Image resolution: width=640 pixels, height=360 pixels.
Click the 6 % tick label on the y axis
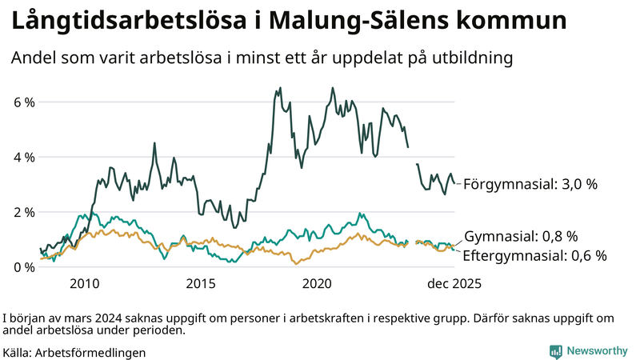23,102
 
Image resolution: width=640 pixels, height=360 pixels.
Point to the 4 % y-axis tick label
23,158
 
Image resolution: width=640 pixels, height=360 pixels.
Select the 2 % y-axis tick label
23,212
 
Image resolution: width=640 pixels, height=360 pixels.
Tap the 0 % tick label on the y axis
23,267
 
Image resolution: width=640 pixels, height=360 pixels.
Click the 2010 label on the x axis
84,284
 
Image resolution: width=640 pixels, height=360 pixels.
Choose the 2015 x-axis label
201,284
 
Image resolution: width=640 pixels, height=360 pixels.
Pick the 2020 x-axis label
318,284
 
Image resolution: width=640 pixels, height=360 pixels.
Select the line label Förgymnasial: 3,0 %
530,184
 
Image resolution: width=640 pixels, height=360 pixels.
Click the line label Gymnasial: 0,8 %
521,236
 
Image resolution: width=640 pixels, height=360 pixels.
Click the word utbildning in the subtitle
467,58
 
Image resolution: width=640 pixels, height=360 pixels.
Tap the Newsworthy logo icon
555,351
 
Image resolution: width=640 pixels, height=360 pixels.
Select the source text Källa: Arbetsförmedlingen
74,352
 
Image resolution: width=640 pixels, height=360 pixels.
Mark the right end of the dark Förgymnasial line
456,183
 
